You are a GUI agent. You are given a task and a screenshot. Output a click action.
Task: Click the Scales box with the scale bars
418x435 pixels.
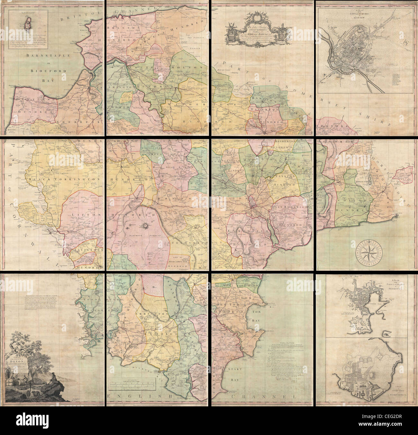click(x=132, y=384)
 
